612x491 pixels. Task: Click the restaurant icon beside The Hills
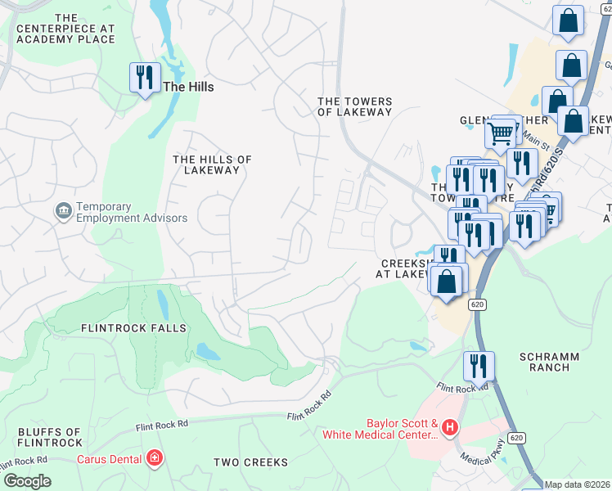click(x=145, y=79)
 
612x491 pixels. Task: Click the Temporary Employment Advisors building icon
click(x=63, y=212)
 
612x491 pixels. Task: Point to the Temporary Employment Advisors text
click(x=132, y=213)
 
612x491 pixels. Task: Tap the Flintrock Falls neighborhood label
click(x=133, y=328)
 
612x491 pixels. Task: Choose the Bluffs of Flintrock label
click(x=50, y=438)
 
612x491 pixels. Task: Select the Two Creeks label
click(x=250, y=462)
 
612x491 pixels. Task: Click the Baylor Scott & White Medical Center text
click(x=402, y=430)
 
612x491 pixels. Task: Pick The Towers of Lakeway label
click(x=355, y=106)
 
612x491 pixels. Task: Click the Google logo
click(x=27, y=481)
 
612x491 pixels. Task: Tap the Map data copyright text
click(x=577, y=484)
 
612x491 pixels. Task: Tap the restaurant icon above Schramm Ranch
click(x=478, y=367)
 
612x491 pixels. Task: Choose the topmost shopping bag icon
click(x=567, y=20)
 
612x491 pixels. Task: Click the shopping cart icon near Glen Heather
click(x=499, y=131)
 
